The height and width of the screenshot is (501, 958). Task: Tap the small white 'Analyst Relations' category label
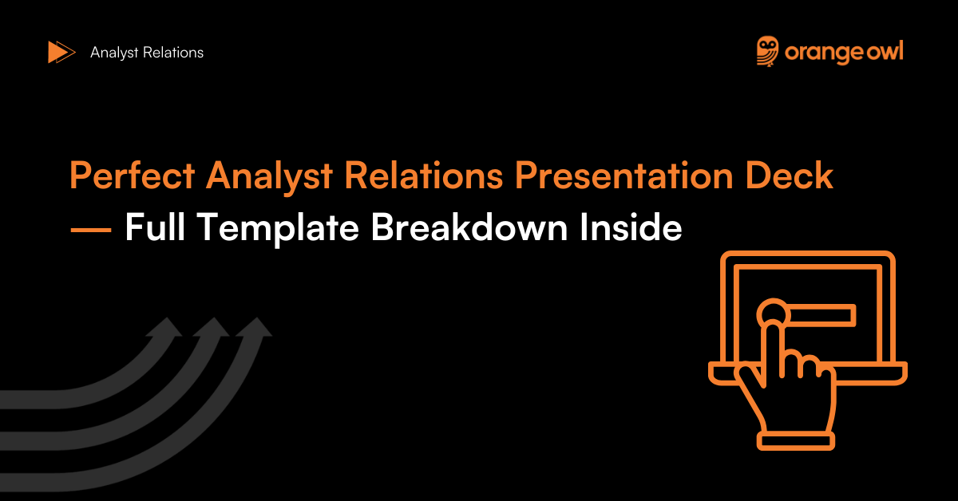(x=147, y=53)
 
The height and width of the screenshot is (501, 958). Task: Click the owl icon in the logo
(x=768, y=51)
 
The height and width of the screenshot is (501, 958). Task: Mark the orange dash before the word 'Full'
(x=90, y=229)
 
